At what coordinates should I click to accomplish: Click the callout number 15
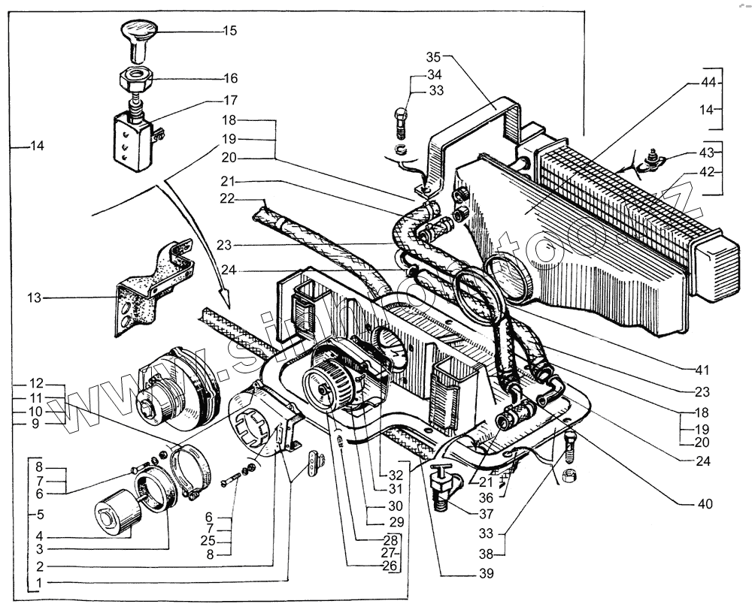pyautogui.click(x=229, y=31)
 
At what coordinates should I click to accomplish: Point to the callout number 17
pyautogui.click(x=229, y=100)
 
